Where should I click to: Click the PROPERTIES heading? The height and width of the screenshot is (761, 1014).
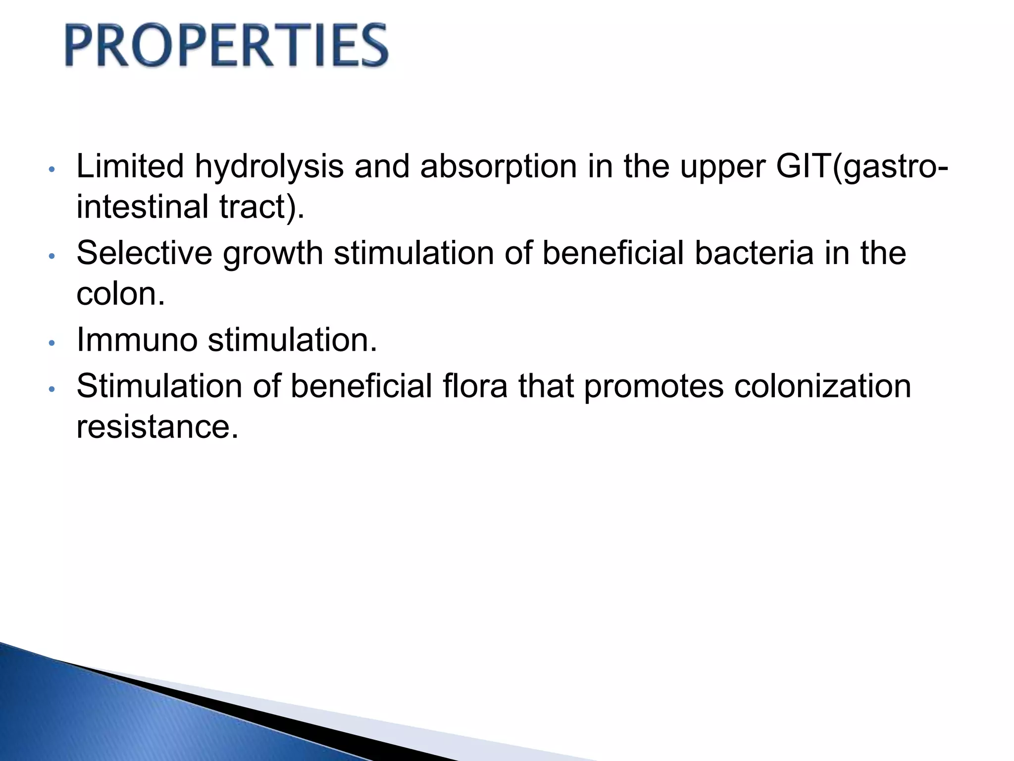226,46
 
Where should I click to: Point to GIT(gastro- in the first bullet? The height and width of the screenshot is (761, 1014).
862,167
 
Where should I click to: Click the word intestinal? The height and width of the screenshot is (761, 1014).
142,207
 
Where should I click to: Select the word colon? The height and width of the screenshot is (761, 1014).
120,294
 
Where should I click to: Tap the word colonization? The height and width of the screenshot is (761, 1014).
822,386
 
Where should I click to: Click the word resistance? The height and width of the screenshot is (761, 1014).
157,427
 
